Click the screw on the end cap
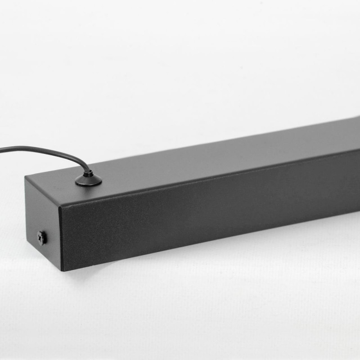click(42, 238)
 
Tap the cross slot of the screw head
click(42, 238)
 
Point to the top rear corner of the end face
click(26, 176)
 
